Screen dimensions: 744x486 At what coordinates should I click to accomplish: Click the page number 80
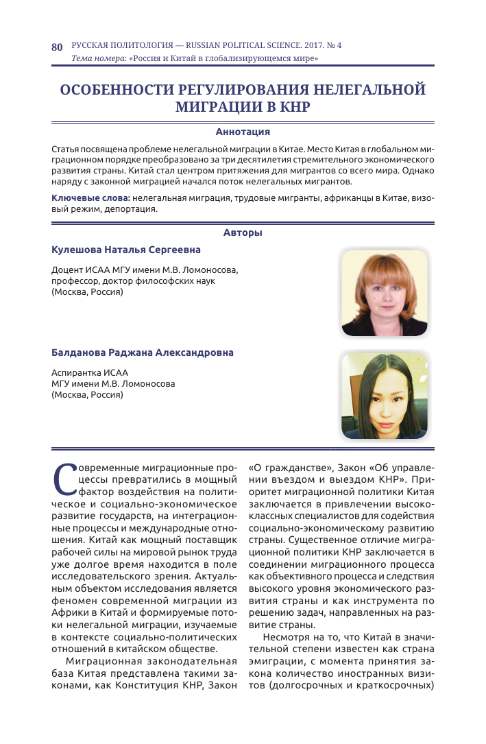click(x=57, y=47)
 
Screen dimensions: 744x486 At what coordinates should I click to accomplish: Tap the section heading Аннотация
click(x=243, y=132)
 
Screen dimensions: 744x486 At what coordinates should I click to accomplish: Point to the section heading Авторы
click(x=243, y=233)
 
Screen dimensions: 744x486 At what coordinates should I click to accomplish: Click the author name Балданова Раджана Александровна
click(x=143, y=352)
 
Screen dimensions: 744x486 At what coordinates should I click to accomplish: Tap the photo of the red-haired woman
click(x=384, y=293)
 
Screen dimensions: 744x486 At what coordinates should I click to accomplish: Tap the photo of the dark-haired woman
click(x=384, y=396)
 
